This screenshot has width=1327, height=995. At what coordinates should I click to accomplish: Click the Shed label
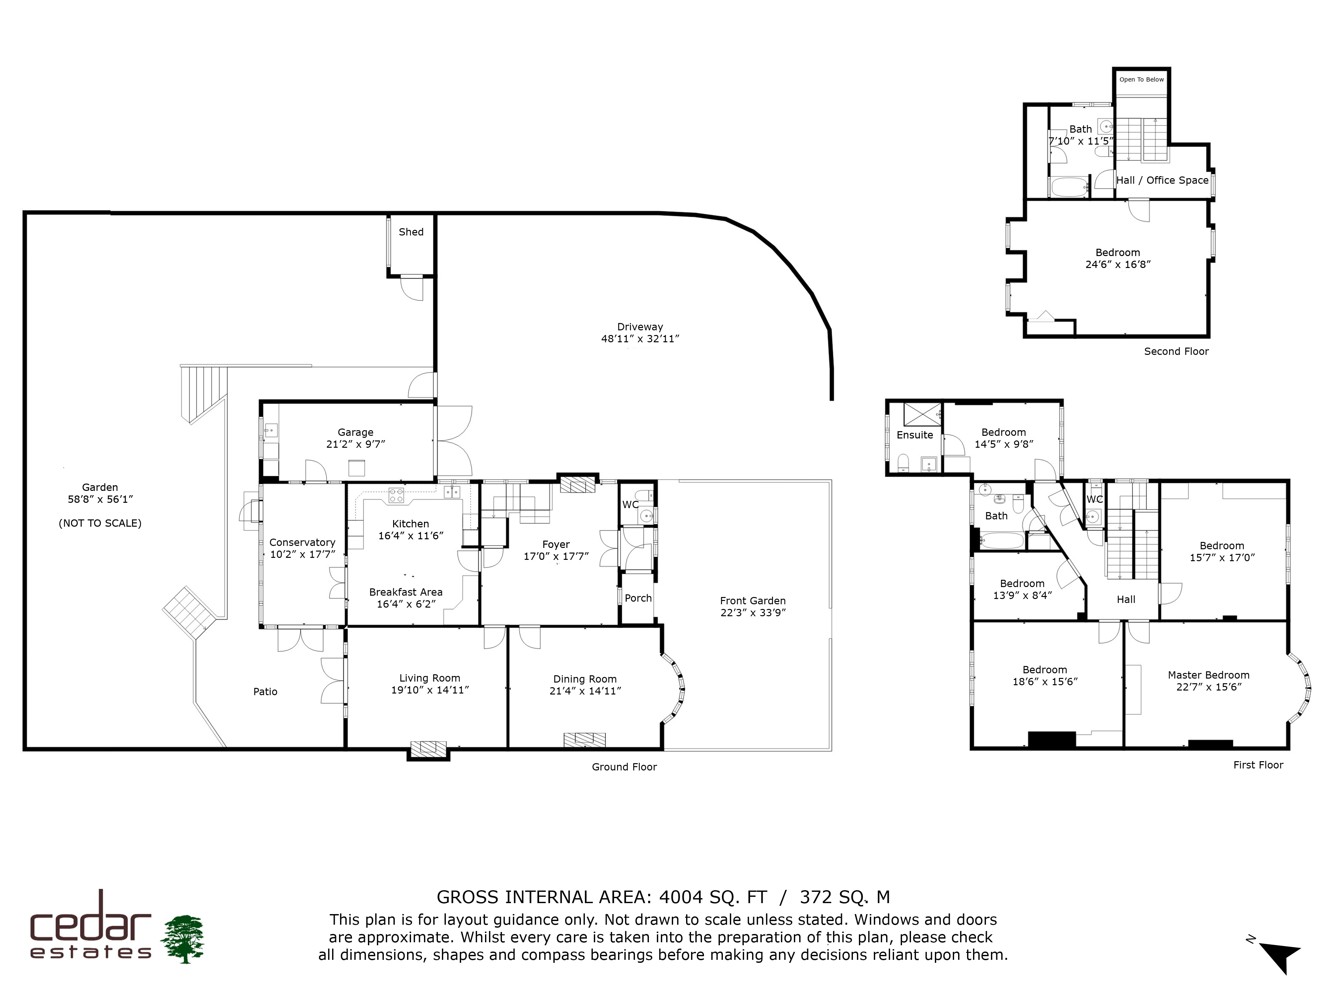411,232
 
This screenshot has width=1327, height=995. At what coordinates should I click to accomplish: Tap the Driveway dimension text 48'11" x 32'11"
640,338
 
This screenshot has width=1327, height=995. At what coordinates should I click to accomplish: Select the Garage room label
355,432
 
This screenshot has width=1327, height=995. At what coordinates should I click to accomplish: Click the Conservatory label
302,542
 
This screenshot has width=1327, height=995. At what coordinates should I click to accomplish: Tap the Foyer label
556,545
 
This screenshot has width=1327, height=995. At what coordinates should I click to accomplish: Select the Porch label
638,598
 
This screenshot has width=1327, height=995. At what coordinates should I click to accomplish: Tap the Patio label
265,692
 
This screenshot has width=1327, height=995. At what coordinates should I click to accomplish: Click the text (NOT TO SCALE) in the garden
100,523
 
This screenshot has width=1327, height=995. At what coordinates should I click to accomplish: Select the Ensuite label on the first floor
915,435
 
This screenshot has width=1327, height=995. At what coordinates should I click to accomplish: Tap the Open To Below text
1142,79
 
